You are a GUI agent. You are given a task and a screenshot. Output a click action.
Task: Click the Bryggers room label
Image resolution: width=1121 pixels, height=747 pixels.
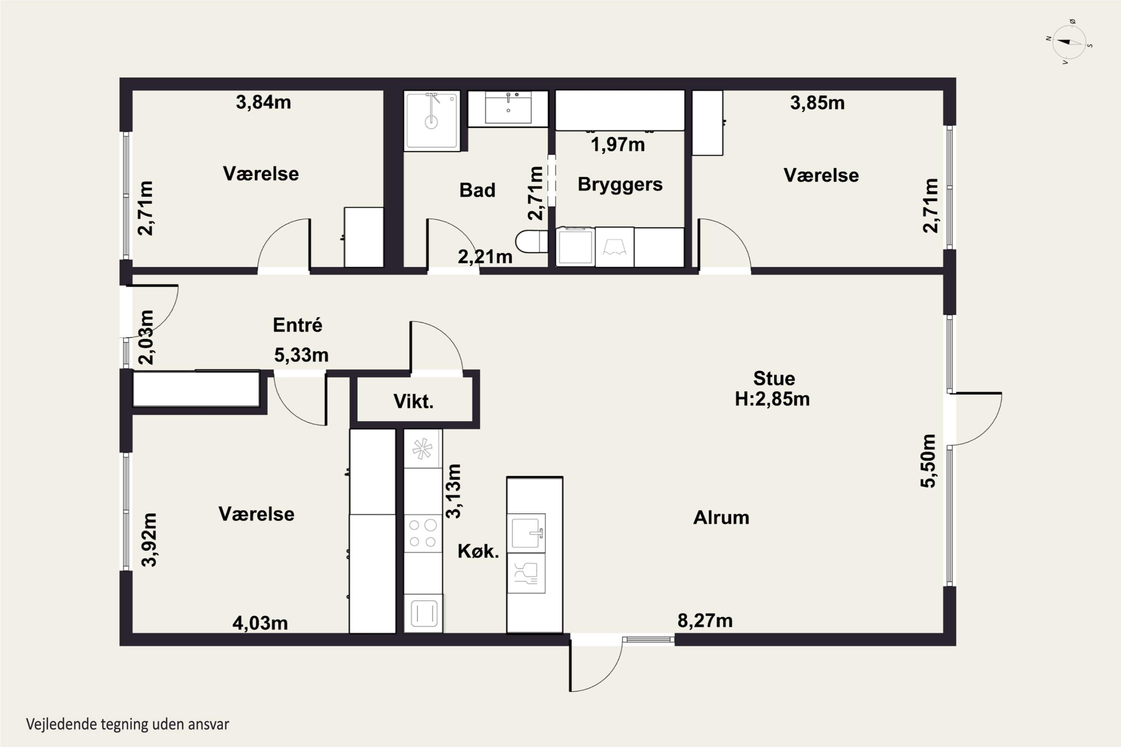click(620, 185)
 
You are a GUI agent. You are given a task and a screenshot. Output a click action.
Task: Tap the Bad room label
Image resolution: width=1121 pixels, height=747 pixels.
click(477, 190)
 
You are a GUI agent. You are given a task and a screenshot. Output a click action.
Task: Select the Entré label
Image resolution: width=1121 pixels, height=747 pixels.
click(297, 325)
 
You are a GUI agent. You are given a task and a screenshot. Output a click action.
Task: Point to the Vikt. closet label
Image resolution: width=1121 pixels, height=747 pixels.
click(413, 402)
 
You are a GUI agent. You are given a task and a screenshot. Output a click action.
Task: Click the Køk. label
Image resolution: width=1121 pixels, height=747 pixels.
click(478, 551)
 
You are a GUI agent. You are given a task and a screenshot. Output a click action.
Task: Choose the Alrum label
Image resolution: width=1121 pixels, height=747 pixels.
click(721, 518)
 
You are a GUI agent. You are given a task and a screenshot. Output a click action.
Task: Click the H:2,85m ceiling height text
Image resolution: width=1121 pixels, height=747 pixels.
click(772, 399)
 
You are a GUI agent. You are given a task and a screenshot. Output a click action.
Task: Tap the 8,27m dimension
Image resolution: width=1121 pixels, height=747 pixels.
click(705, 621)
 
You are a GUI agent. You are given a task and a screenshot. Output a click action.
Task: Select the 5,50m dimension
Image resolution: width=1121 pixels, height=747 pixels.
click(928, 461)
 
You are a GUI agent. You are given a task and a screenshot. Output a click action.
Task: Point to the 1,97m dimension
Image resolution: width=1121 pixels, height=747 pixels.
click(618, 144)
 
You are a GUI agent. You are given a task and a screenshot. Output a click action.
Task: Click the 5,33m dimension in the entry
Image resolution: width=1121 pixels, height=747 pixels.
click(301, 355)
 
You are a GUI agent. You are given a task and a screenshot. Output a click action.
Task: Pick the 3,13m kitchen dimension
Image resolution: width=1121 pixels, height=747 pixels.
click(453, 491)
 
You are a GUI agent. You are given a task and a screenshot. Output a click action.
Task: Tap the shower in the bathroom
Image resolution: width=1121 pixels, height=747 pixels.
click(432, 121)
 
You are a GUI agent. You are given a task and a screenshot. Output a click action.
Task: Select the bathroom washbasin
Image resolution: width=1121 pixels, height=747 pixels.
click(508, 109)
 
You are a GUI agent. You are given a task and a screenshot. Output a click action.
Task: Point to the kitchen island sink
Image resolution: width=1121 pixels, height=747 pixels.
click(526, 533)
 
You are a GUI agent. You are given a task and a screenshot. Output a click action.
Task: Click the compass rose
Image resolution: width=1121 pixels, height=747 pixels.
click(1069, 42)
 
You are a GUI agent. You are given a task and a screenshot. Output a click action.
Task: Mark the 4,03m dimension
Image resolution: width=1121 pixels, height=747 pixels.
click(260, 623)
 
